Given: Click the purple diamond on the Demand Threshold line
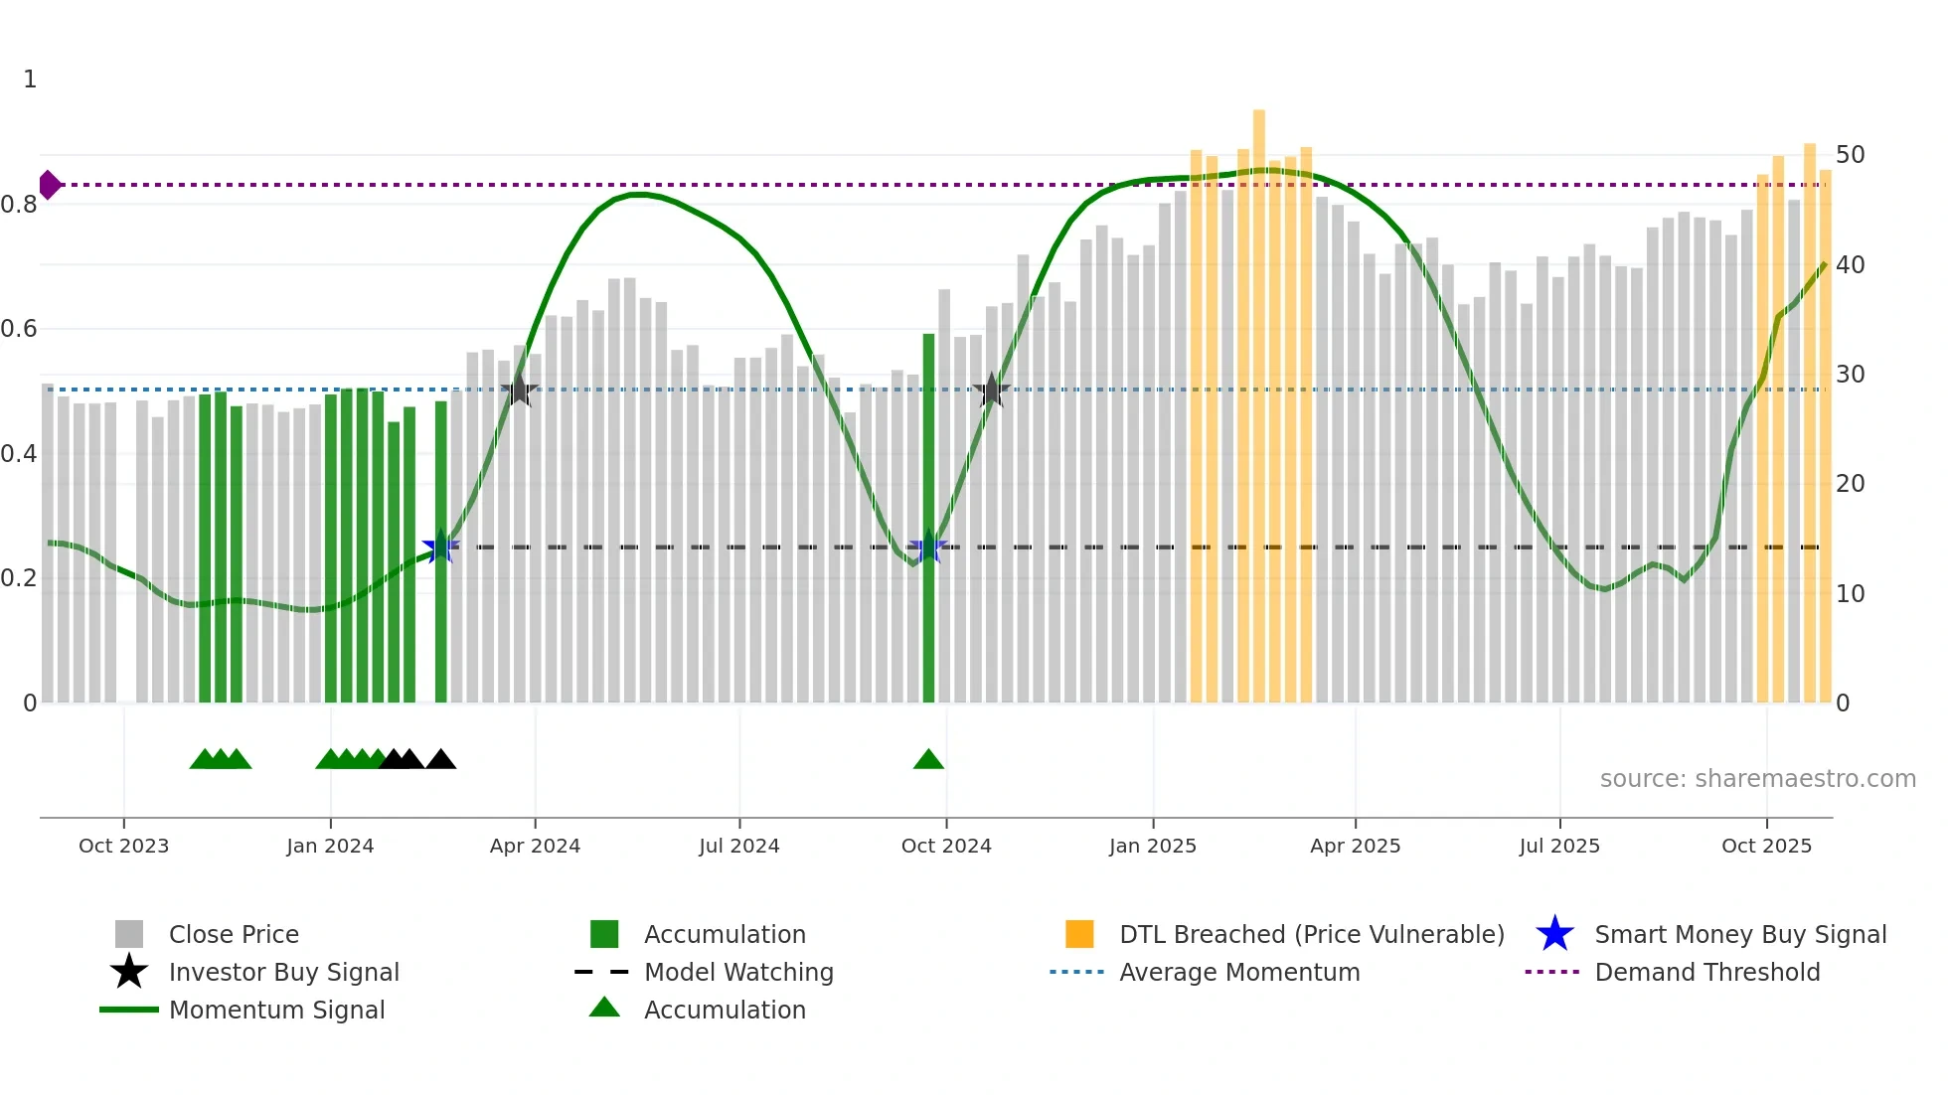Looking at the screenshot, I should click(x=49, y=185).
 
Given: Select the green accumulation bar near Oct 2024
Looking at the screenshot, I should click(x=928, y=517).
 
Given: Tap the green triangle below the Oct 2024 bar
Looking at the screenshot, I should click(x=928, y=760).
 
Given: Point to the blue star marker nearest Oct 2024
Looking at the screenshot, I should click(x=928, y=547).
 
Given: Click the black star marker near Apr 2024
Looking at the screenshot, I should click(x=519, y=391).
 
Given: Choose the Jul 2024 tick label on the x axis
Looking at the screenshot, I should click(x=738, y=846).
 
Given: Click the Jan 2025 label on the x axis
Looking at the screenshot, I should click(x=1152, y=846).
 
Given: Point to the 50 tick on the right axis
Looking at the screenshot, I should click(x=1850, y=155).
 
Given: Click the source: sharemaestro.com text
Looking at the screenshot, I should click(x=1757, y=779).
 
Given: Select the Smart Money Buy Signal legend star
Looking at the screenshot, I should click(x=1554, y=934).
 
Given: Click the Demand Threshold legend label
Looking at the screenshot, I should click(x=1706, y=972).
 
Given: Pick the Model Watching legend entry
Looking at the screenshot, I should click(x=737, y=972).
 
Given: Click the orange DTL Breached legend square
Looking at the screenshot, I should click(x=1079, y=934).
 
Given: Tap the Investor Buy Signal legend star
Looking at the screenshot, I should click(x=129, y=972).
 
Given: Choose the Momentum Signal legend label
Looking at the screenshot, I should click(x=276, y=1010).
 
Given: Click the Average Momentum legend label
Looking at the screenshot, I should click(x=1239, y=972).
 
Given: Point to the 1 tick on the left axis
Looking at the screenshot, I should click(x=30, y=79).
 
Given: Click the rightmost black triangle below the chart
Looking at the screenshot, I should click(x=440, y=760).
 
